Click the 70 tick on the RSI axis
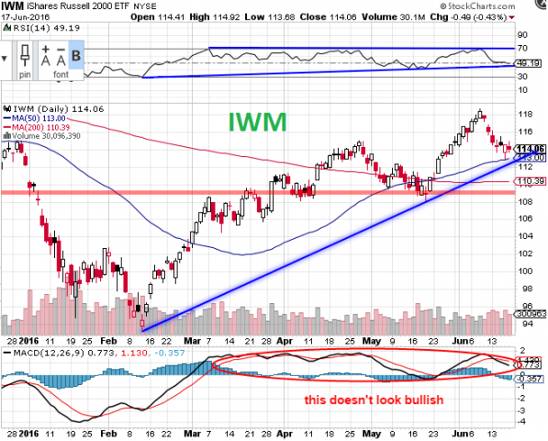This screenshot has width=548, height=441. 524,47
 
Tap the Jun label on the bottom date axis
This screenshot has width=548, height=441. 454,430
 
